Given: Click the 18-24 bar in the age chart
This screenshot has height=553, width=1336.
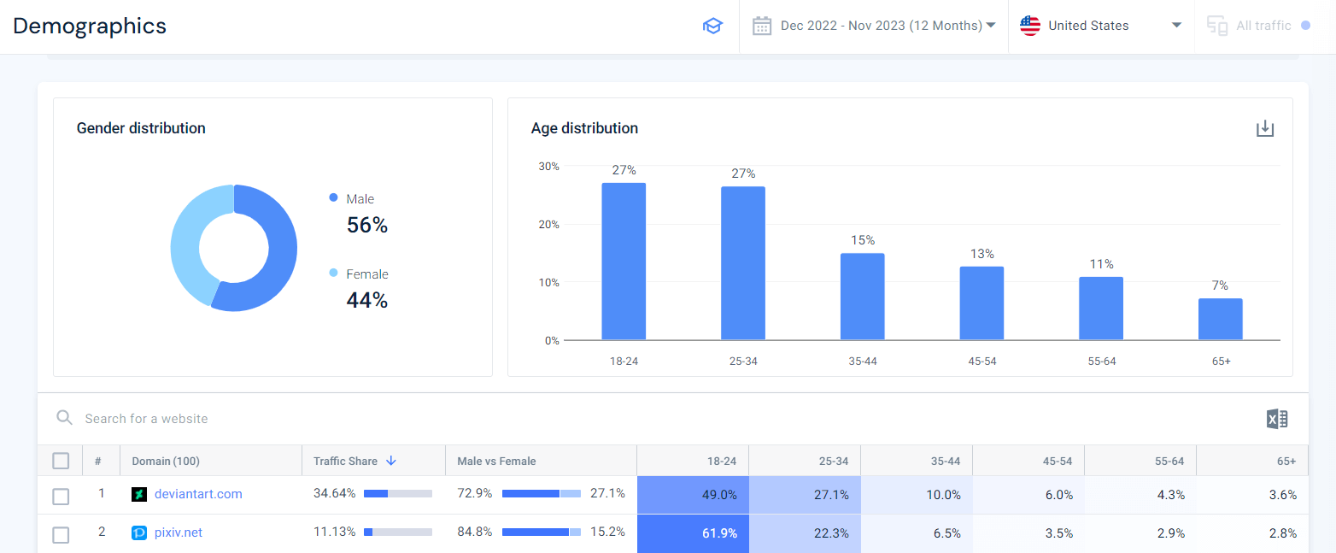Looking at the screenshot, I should (x=624, y=262).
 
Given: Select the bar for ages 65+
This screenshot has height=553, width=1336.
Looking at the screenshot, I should (x=1220, y=319).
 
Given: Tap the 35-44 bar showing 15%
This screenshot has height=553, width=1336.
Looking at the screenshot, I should (x=862, y=297).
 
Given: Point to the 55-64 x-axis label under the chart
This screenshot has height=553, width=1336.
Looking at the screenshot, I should (x=1101, y=362).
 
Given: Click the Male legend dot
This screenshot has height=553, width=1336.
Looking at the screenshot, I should (x=333, y=198).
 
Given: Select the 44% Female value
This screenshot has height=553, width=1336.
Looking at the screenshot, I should (x=367, y=300).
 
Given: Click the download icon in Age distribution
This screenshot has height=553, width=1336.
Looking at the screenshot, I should (x=1265, y=129).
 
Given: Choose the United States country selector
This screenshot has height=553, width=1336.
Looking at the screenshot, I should (x=1100, y=26).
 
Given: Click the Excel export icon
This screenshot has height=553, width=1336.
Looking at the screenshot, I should (x=1277, y=419).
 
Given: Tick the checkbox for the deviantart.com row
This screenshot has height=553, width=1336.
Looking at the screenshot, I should (x=61, y=496).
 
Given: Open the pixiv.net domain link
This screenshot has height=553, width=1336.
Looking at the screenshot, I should (x=179, y=532).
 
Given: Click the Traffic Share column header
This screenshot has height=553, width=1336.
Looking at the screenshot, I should (x=346, y=461).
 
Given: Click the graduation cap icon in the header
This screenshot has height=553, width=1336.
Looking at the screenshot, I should (x=712, y=26).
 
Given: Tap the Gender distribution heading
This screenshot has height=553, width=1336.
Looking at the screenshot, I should (x=141, y=128).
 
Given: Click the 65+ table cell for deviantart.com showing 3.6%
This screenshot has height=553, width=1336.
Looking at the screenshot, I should (x=1282, y=495).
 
